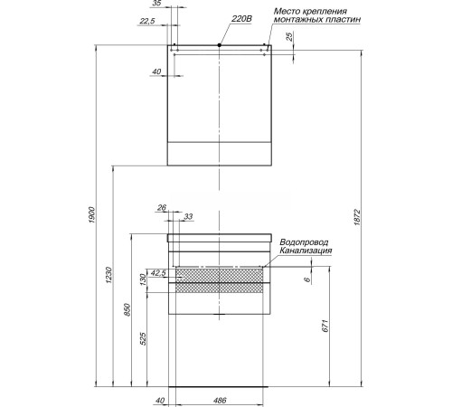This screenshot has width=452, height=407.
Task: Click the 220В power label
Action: [x=241, y=19]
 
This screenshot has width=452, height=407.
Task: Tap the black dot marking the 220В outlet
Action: [x=220, y=45]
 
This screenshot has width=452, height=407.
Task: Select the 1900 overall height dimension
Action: [x=91, y=215]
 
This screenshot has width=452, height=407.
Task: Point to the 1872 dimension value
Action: [x=357, y=217]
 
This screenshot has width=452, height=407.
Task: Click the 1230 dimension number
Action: [x=109, y=275]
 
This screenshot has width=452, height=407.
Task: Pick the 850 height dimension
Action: [x=127, y=309]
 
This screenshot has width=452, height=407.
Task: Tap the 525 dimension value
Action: [x=144, y=338]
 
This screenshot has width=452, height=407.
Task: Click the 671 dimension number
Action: [x=325, y=326]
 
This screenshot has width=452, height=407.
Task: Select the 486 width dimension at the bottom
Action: [x=220, y=401]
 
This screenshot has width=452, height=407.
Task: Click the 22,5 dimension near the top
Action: [x=147, y=21]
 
